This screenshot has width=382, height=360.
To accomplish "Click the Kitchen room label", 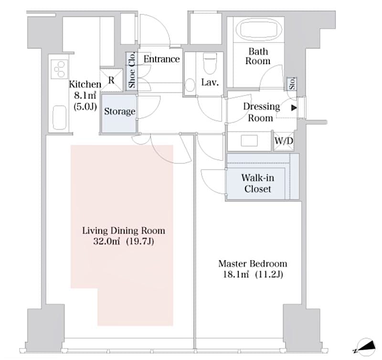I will (x=85, y=84).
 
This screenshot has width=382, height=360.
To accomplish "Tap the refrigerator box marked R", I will (x=111, y=80).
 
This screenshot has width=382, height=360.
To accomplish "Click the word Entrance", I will (x=161, y=59).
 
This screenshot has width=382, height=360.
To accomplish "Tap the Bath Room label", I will (x=257, y=56).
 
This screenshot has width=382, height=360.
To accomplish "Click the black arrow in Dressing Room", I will (x=294, y=108).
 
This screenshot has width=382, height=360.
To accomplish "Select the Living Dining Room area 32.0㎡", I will (x=109, y=242).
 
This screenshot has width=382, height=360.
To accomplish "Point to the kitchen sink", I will (x=59, y=115).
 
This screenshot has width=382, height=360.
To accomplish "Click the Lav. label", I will (x=210, y=83).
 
